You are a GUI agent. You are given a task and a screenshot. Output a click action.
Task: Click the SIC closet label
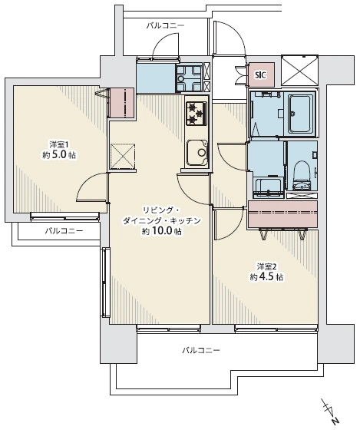(261, 74)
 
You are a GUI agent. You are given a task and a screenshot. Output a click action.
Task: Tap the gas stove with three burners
(197, 113)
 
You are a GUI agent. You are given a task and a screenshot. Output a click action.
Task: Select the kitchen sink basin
(197, 153)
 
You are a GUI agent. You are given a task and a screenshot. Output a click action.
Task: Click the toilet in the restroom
(301, 176)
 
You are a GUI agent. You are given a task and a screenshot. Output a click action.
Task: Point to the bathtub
(300, 114)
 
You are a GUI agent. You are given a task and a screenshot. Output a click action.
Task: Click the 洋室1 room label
(59, 144)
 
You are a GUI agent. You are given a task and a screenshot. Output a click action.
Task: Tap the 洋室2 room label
(266, 267)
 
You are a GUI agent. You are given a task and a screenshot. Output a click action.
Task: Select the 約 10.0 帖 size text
(162, 231)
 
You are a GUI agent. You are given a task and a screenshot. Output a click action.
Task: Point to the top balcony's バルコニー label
(165, 26)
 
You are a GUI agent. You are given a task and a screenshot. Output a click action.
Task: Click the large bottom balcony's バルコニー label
(201, 351)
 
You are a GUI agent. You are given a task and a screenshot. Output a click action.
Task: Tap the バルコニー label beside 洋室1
(64, 230)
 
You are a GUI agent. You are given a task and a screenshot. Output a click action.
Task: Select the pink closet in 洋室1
(122, 102)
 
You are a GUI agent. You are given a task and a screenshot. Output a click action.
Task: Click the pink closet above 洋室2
(282, 214)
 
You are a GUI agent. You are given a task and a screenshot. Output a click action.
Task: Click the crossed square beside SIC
(300, 71)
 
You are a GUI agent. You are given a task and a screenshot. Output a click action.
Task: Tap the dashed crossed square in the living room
(123, 156)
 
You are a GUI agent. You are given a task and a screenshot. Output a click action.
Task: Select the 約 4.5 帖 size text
(266, 276)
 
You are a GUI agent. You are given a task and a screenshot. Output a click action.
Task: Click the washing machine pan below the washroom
(269, 188)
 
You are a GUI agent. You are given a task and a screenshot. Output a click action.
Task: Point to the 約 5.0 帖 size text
(59, 155)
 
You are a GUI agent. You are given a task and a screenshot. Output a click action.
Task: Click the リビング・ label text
(161, 210)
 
